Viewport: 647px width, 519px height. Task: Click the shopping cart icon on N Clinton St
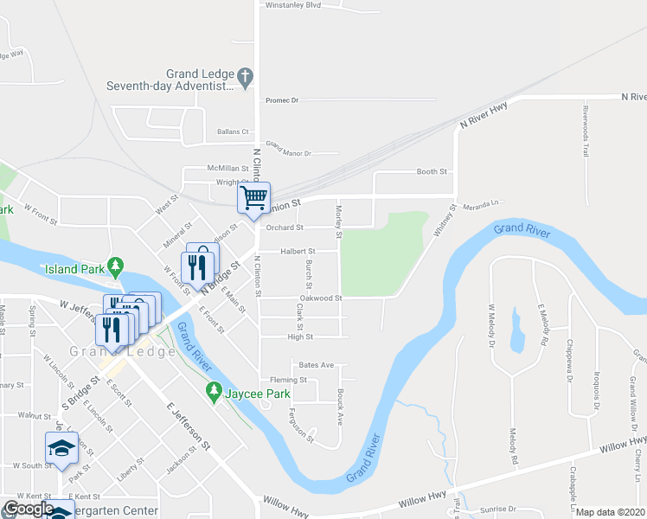(254, 197)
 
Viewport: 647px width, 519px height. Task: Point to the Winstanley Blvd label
(293, 5)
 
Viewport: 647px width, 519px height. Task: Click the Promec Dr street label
(282, 100)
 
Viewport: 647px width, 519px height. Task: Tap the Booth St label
(431, 172)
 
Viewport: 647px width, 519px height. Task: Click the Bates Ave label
(316, 366)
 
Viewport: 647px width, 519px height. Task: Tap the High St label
(300, 336)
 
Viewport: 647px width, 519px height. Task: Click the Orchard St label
(285, 228)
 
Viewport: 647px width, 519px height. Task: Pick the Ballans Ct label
(233, 131)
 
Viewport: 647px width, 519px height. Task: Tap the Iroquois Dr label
(597, 391)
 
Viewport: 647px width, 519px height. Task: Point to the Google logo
(29, 509)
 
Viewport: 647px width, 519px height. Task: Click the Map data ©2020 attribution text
(611, 512)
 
